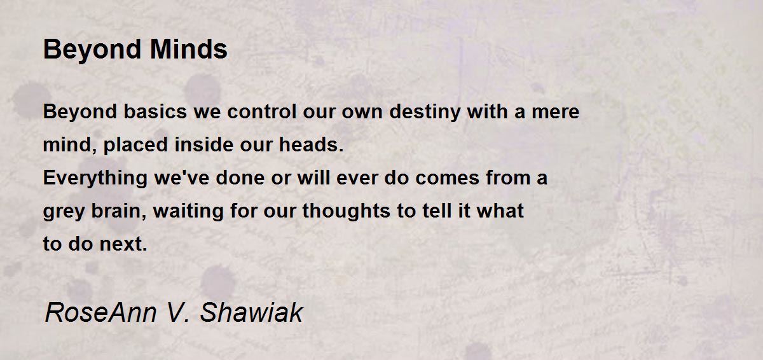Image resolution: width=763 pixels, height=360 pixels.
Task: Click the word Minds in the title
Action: pos(188,49)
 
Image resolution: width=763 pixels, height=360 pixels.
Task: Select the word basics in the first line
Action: pos(155,111)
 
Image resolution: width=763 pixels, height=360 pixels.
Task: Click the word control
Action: pos(261,111)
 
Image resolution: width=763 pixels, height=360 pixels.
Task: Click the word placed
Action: pos(135,146)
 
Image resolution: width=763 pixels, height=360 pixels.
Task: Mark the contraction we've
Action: pos(182,178)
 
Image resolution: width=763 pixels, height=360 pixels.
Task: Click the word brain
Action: pos(118,211)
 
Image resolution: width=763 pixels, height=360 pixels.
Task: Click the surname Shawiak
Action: pos(251,312)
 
